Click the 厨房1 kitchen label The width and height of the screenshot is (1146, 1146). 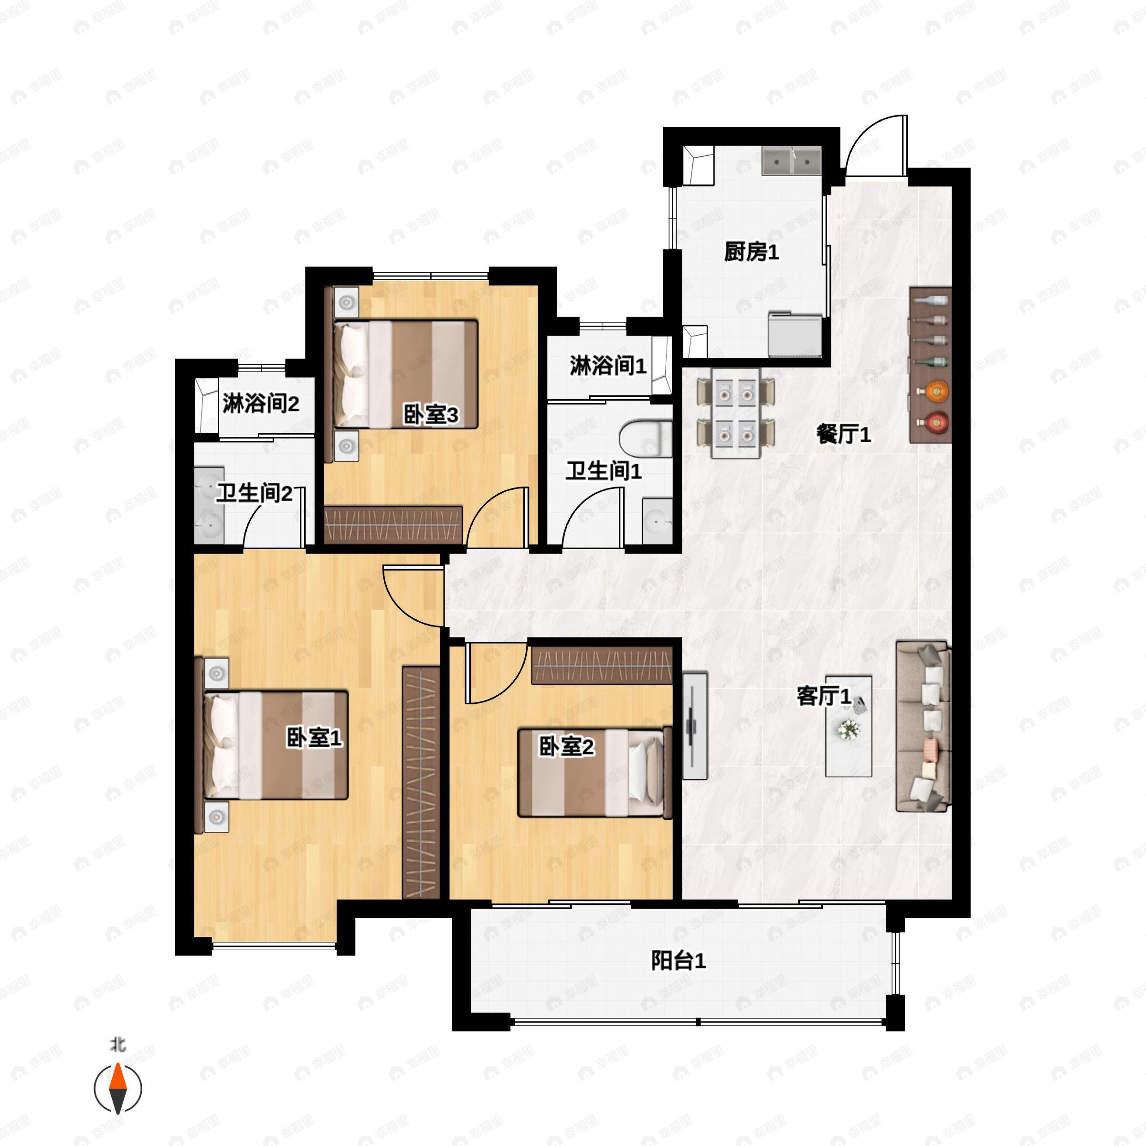point(751,252)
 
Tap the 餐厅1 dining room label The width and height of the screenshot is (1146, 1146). point(843,435)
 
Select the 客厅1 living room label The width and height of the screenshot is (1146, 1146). point(824,696)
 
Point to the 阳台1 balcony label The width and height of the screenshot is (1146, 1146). point(679,960)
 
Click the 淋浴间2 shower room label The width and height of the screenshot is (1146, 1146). point(261,404)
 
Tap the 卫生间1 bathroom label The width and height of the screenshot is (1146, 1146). point(603,472)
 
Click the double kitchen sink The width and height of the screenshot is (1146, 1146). point(791,161)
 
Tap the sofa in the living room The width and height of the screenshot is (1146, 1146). point(923,725)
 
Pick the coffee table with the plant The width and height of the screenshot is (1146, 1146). point(849,726)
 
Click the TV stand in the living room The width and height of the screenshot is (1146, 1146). point(695,725)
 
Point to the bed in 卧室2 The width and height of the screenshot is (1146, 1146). point(595,773)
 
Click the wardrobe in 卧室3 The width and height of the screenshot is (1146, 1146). point(393,524)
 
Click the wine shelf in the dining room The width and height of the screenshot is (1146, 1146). point(930,365)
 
